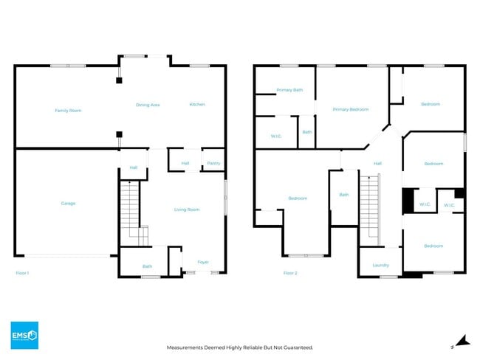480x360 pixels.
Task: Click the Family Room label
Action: [x=68, y=111]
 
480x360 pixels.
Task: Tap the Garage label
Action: [x=68, y=204]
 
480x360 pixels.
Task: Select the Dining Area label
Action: [x=148, y=105]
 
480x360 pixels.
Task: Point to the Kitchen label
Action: [x=197, y=105]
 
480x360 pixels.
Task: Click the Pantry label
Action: [x=213, y=163]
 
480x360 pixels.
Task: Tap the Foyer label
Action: [x=203, y=262]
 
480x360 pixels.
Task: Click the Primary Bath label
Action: [x=289, y=90]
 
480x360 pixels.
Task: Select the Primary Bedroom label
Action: [x=350, y=109]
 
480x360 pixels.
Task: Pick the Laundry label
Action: [x=380, y=265]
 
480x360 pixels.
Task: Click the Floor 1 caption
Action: [x=22, y=273]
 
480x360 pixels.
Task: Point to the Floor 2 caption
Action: [x=290, y=273]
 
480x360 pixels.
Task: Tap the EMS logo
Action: [x=24, y=335]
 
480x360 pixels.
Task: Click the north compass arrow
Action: [x=462, y=340]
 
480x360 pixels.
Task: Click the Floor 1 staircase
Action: [x=129, y=211]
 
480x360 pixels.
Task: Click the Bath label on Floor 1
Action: [x=147, y=266]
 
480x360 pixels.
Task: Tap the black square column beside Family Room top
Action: [x=118, y=81]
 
